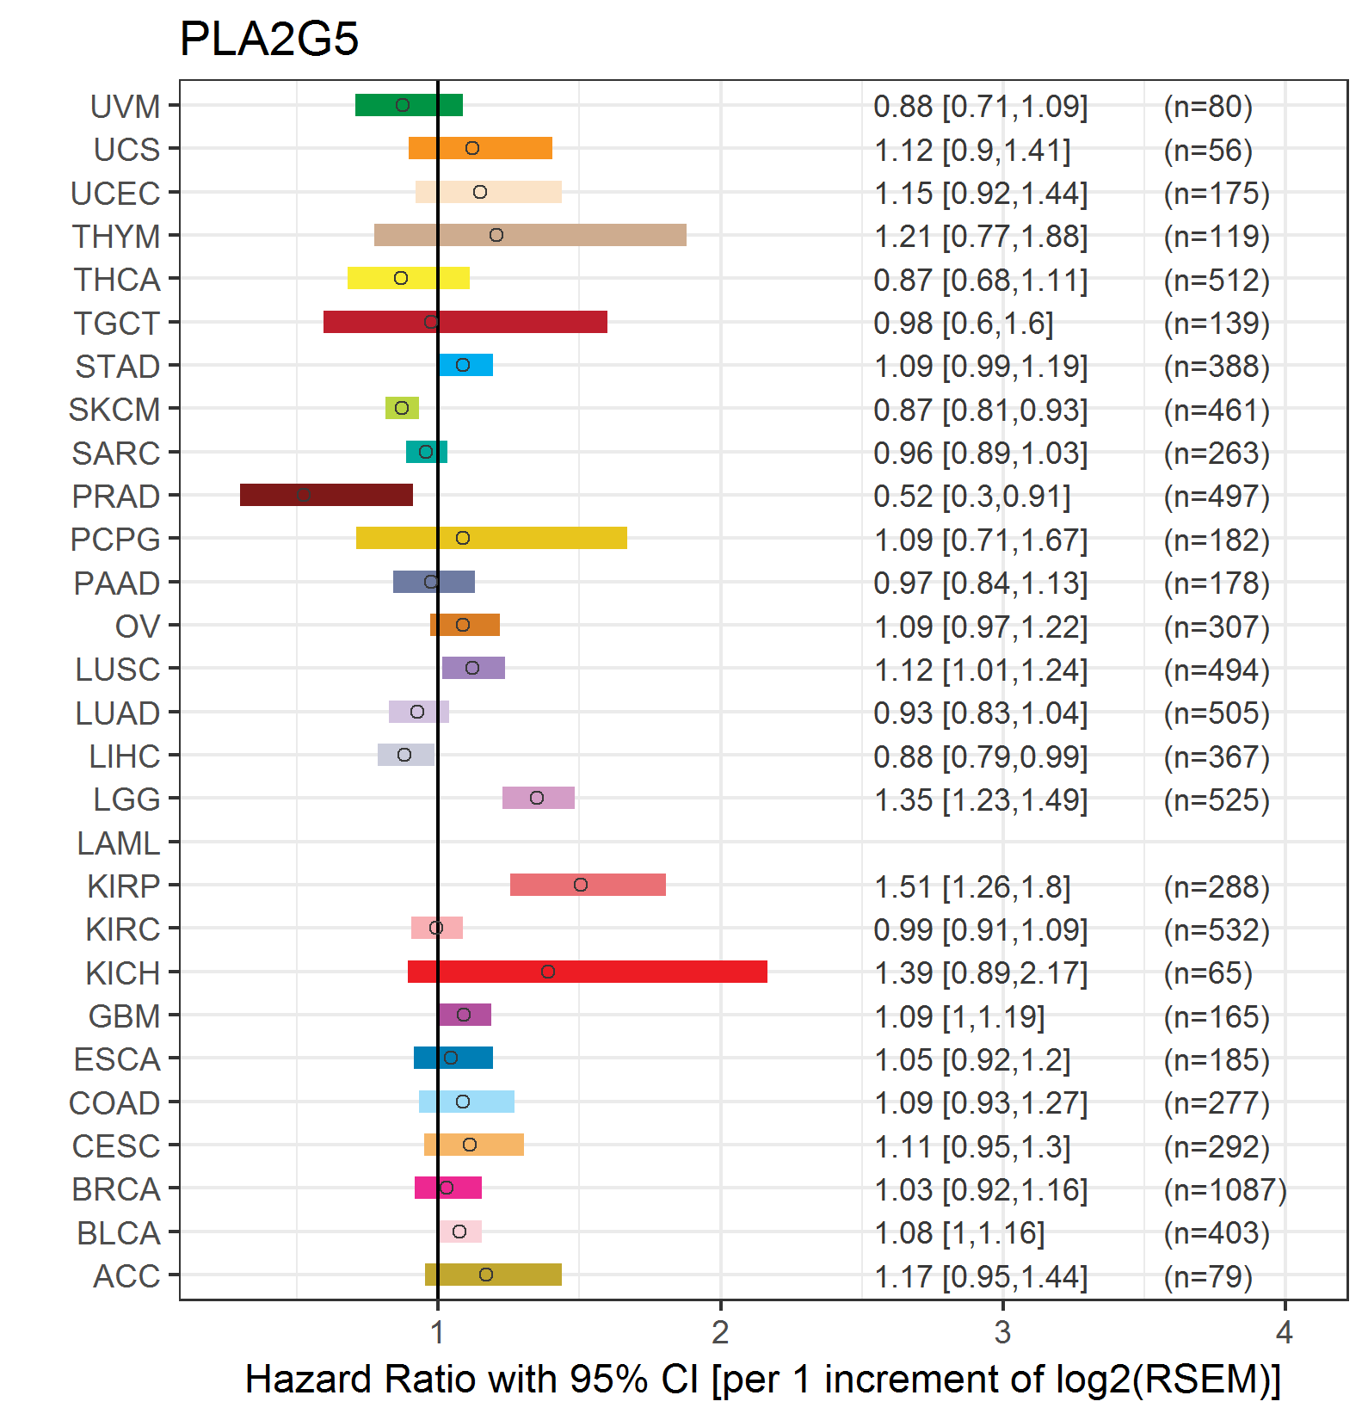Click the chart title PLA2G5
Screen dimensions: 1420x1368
(268, 39)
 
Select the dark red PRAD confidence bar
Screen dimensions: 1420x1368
(326, 495)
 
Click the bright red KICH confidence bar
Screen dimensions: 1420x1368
(587, 972)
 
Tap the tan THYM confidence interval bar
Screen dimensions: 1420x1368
(530, 235)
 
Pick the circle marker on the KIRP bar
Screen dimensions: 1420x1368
(581, 885)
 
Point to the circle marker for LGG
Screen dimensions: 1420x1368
(537, 798)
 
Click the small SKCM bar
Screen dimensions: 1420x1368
(402, 408)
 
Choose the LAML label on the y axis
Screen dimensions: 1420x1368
(118, 843)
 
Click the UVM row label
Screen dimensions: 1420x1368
(125, 107)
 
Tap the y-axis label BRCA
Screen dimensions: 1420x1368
(116, 1189)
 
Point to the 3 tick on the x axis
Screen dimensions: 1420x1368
(1002, 1333)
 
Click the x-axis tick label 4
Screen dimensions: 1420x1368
(1285, 1333)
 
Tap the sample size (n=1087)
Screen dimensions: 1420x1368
(1224, 1190)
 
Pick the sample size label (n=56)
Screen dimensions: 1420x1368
(1207, 151)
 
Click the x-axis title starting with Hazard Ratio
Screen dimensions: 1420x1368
(762, 1379)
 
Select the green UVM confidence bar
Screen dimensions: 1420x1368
(409, 105)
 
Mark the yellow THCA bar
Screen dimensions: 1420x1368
(409, 278)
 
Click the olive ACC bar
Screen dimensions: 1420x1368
(493, 1275)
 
